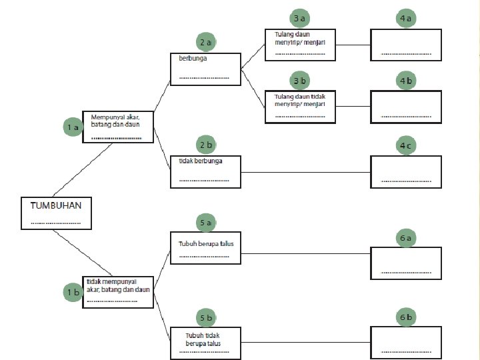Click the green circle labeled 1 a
(73, 127)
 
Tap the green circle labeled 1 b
(73, 293)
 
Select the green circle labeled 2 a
(206, 42)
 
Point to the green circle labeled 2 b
(206, 145)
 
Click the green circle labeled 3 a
(300, 18)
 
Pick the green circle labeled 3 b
(300, 81)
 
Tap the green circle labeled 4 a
(406, 18)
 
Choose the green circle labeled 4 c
(406, 145)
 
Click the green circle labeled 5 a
(206, 223)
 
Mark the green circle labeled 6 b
(406, 317)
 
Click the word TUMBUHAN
(56, 205)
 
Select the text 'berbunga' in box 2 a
(193, 58)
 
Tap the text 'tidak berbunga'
(201, 161)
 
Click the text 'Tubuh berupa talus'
(206, 244)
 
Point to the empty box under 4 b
(406, 107)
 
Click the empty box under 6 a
(406, 263)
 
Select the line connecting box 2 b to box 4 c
(305, 173)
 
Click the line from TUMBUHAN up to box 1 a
(83, 170)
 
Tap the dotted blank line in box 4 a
(406, 54)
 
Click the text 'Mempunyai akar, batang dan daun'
(115, 121)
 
